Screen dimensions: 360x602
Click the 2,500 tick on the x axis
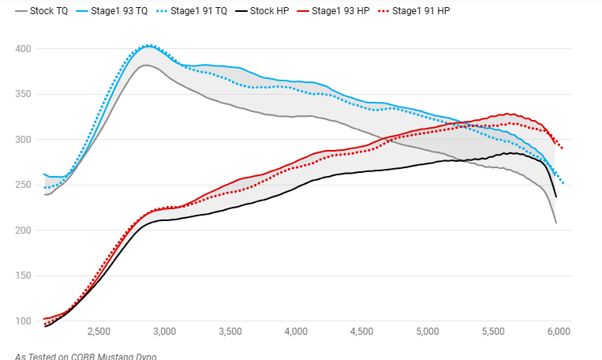pyautogui.click(x=99, y=332)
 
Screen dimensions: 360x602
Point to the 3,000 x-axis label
pyautogui.click(x=164, y=332)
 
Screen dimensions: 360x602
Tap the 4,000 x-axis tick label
pyautogui.click(x=296, y=332)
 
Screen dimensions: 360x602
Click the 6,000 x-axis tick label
pyautogui.click(x=559, y=332)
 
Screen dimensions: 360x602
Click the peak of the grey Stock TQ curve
pyautogui.click(x=145, y=65)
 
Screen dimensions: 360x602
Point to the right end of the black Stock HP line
pyautogui.click(x=556, y=197)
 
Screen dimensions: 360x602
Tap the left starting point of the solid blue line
pyautogui.click(x=43, y=174)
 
